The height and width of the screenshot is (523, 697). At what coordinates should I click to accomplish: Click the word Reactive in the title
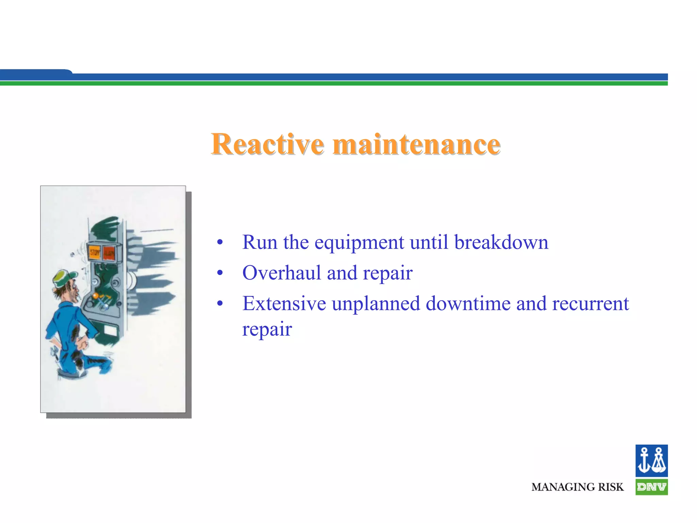267,144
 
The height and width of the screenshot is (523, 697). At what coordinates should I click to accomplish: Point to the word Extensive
284,304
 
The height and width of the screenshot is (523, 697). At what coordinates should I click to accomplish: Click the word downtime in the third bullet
468,304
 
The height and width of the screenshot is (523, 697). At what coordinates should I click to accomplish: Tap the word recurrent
590,304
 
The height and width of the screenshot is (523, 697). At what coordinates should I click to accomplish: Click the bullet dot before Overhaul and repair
220,273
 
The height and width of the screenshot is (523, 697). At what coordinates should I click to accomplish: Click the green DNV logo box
651,487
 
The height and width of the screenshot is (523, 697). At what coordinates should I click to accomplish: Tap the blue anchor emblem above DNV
651,461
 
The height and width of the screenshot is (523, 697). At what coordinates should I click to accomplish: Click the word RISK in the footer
611,487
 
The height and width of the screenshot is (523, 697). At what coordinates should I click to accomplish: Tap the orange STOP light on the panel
95,253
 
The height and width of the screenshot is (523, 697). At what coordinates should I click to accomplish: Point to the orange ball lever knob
96,296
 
